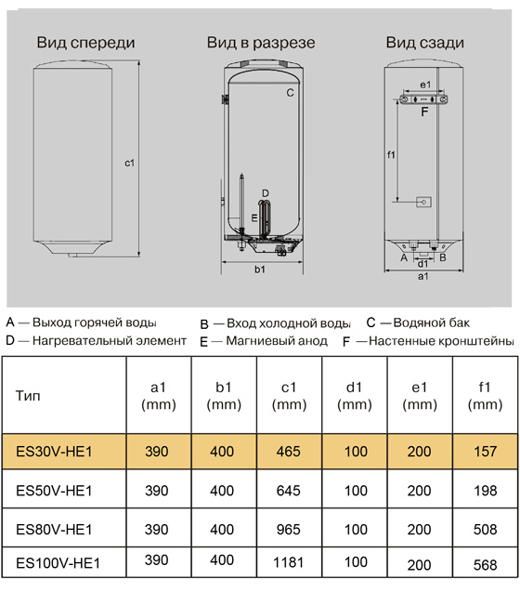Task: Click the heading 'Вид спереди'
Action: click(x=86, y=44)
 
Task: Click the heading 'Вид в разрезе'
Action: click(x=260, y=44)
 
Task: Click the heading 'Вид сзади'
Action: click(x=425, y=44)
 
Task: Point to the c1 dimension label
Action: click(x=130, y=163)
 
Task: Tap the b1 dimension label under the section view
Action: click(x=260, y=270)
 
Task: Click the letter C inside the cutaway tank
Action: click(x=290, y=93)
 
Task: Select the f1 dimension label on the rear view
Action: click(x=391, y=153)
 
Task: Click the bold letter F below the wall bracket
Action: click(x=424, y=112)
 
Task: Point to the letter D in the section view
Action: click(x=265, y=193)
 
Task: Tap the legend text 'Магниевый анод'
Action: click(x=277, y=341)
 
